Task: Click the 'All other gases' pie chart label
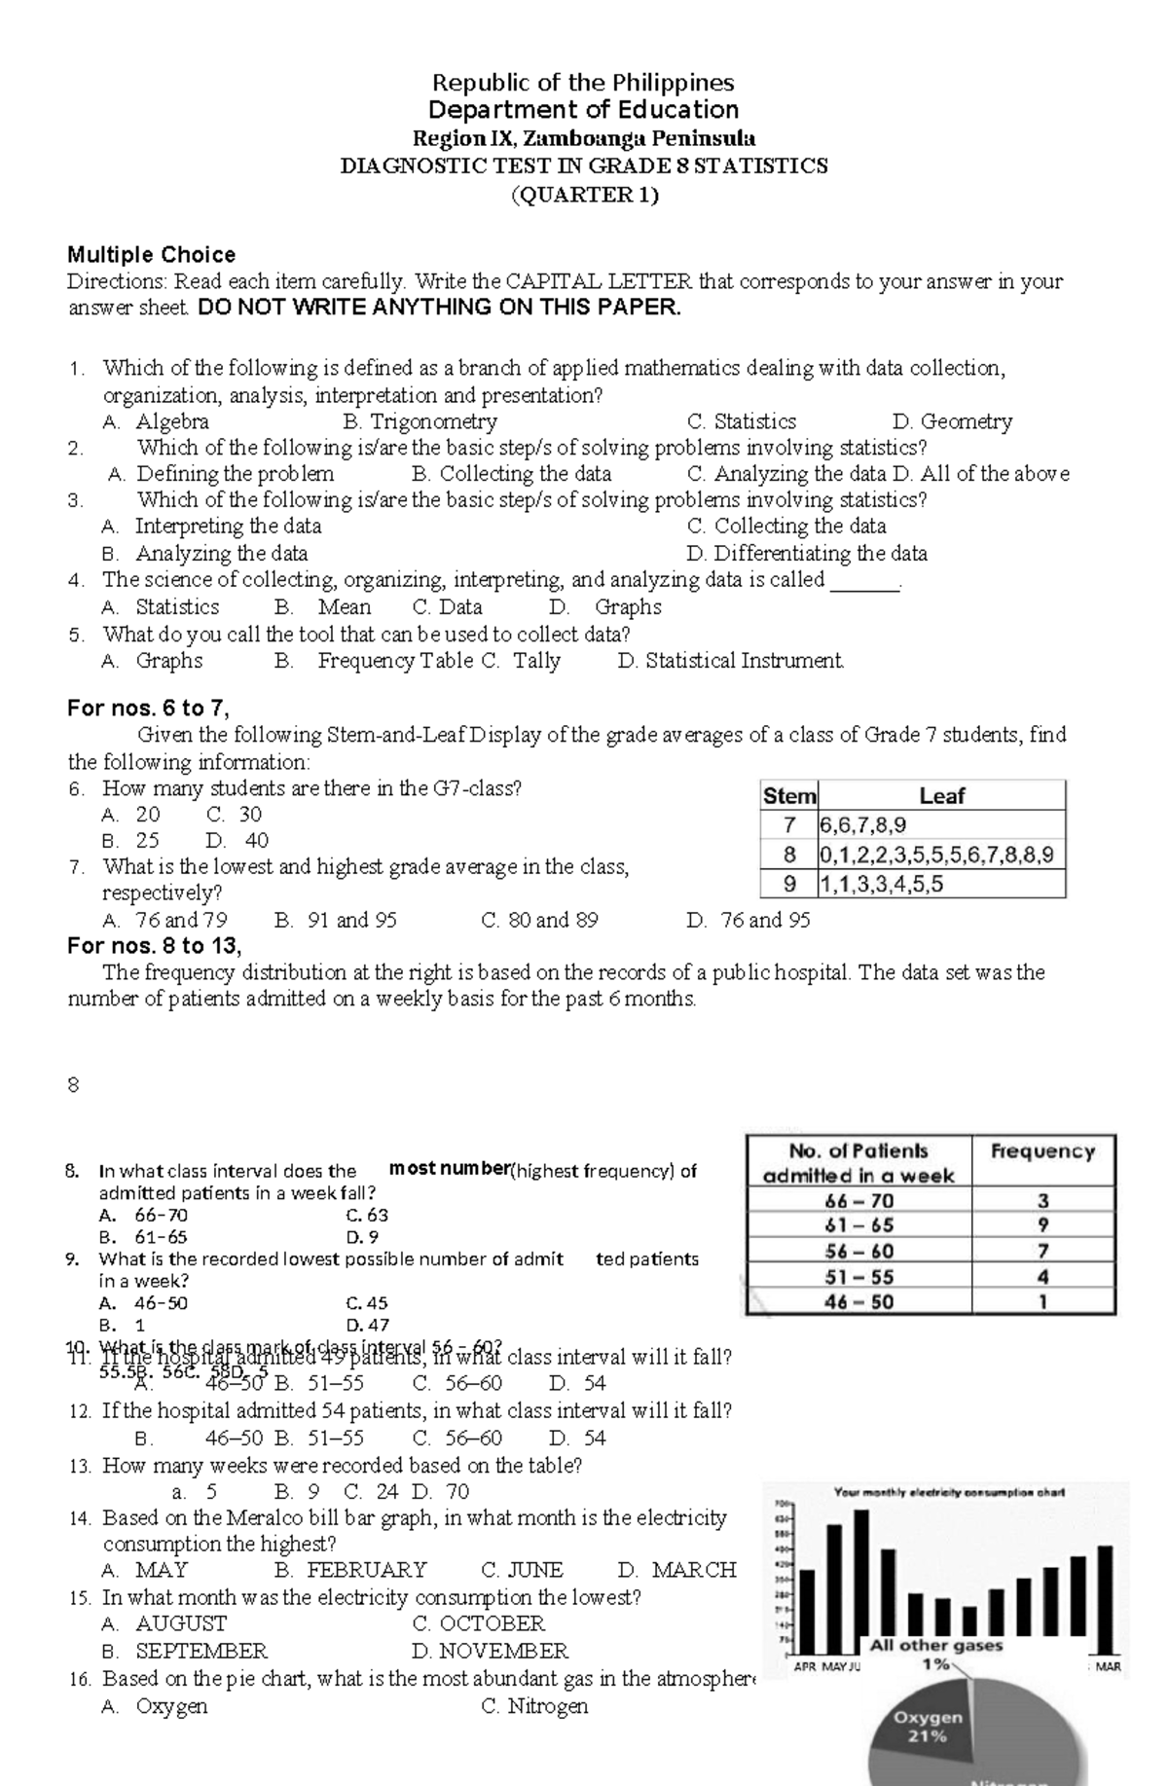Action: (x=935, y=1646)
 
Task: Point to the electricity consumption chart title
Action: (x=949, y=1492)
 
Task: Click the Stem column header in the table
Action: (x=788, y=796)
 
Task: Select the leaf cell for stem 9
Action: (x=941, y=884)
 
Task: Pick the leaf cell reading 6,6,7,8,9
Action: (x=941, y=825)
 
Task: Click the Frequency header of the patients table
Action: (x=1042, y=1150)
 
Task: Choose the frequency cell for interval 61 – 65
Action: (x=1042, y=1225)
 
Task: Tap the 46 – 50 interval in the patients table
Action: (x=858, y=1301)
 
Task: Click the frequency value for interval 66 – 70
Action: (x=1042, y=1200)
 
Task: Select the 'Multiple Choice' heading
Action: (x=151, y=255)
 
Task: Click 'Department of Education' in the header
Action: (x=583, y=110)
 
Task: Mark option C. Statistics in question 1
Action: (x=742, y=421)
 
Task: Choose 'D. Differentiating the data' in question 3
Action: (x=807, y=554)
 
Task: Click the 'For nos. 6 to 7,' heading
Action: (x=148, y=709)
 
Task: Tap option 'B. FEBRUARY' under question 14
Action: (x=350, y=1570)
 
